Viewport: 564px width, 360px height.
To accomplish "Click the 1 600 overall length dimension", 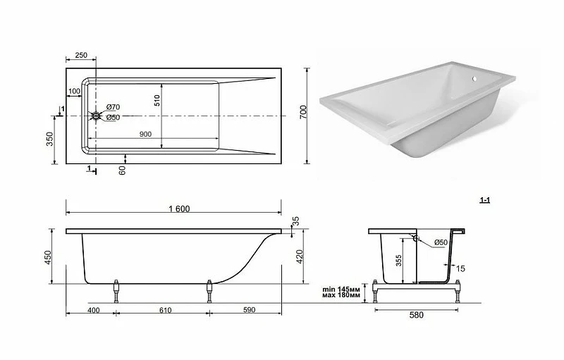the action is click(179, 209).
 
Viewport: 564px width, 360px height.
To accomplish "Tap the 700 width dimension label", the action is click(303, 112).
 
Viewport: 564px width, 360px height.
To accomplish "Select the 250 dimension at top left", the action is click(81, 55).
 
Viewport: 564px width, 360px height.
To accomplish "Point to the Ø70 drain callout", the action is click(113, 107).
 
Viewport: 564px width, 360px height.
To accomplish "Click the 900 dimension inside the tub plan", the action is click(145, 134).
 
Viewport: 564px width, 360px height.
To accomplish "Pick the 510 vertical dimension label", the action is click(157, 100).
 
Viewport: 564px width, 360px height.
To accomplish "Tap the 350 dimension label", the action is click(49, 139).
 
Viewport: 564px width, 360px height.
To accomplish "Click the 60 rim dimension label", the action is click(122, 170).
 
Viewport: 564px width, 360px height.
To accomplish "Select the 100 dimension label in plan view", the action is click(74, 92).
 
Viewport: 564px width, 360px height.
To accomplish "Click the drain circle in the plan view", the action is click(96, 116).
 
